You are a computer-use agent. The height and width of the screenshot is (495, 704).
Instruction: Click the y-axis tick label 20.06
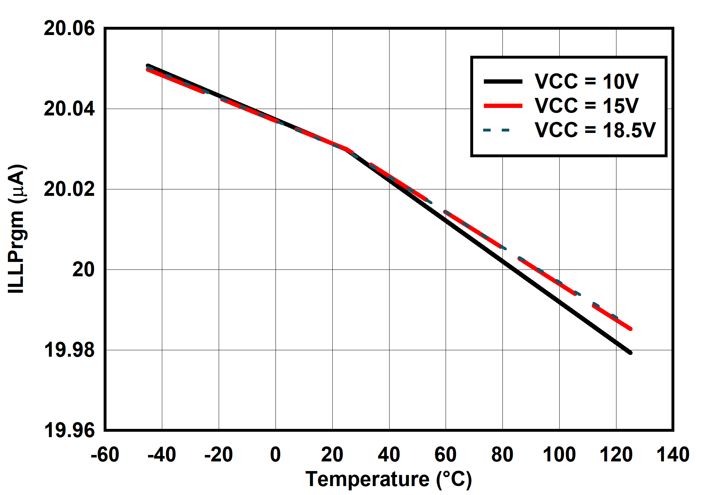[69, 29]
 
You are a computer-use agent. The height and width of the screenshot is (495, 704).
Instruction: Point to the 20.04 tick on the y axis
[69, 109]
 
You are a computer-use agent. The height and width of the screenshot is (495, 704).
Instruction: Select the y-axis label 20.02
[69, 189]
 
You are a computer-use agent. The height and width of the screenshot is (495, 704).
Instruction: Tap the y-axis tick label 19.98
[69, 350]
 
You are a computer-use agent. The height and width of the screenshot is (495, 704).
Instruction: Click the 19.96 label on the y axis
[69, 430]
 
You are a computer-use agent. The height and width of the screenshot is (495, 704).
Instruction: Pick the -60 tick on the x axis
[105, 455]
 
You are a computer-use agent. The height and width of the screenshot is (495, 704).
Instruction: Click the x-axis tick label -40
[162, 455]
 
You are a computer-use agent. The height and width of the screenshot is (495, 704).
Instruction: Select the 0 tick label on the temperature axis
[275, 455]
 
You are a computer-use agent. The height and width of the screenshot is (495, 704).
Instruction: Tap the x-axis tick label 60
[445, 455]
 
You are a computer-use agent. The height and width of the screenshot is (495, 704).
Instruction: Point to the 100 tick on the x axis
[559, 455]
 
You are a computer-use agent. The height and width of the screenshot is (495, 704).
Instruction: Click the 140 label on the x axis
[673, 455]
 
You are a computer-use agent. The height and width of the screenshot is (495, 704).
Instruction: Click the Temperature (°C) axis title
[388, 479]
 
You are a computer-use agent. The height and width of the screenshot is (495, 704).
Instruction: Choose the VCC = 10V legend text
[586, 81]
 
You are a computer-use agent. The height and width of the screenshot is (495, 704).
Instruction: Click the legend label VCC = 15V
[586, 106]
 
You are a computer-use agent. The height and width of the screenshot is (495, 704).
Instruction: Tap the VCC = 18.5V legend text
[595, 130]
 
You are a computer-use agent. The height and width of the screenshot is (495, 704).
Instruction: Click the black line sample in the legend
[503, 81]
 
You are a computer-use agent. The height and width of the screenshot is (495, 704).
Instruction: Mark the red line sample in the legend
[503, 106]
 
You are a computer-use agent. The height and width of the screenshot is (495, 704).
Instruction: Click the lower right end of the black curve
[630, 353]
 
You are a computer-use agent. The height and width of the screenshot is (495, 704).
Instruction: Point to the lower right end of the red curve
[630, 329]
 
